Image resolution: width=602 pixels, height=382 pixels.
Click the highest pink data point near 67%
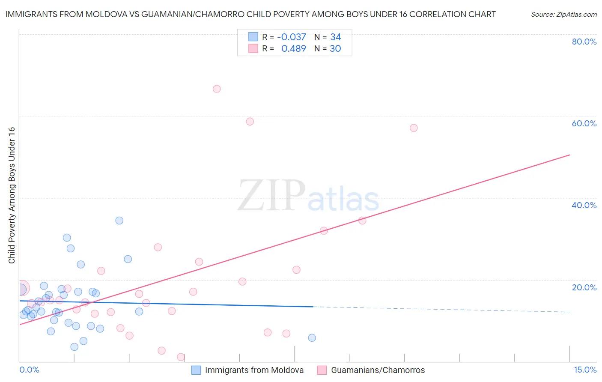coord(217,89)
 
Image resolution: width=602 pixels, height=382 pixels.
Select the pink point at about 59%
coord(250,122)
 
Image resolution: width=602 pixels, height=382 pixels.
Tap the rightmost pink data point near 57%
coord(414,128)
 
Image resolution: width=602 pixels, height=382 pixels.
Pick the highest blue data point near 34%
coord(119,221)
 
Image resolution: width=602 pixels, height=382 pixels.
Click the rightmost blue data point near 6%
coord(312,338)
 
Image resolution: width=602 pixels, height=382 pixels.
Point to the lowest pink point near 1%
coord(181,357)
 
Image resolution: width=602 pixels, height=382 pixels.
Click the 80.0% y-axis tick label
coord(584,42)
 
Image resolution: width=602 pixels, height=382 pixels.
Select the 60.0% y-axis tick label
coord(584,123)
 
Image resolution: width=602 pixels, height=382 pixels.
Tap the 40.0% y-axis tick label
coord(584,205)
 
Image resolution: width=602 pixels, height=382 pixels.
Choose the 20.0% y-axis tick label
coord(584,287)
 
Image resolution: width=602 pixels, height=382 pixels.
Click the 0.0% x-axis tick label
coord(30,370)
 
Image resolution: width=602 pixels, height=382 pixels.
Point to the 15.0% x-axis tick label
coord(585,370)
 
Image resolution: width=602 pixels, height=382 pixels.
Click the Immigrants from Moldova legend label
coord(254,370)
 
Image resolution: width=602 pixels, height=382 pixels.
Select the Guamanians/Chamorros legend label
coord(378,370)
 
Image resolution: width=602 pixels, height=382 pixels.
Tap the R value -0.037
coord(291,37)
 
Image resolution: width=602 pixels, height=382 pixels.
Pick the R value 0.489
coord(293,49)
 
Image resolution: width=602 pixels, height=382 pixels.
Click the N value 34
coord(335,37)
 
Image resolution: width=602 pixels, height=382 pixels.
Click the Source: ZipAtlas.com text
coord(563,15)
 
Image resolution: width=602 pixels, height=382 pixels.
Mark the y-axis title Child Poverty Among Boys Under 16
coord(12,195)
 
